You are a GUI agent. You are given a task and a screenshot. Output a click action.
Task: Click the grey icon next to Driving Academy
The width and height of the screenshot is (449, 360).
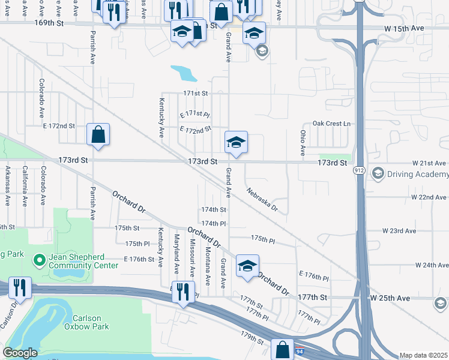378,174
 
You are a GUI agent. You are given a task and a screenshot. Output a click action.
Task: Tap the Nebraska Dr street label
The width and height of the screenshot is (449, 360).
262,200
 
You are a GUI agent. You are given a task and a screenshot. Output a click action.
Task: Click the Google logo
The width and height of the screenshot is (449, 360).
20,353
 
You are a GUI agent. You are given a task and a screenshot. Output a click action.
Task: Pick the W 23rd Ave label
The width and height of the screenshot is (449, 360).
399,230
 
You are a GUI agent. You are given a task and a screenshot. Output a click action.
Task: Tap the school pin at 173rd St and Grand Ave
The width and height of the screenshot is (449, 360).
236,142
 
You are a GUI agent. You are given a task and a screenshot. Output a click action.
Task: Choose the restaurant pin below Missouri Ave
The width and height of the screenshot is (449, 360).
183,292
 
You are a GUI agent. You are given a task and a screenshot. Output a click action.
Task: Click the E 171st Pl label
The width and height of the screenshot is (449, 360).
195,114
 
